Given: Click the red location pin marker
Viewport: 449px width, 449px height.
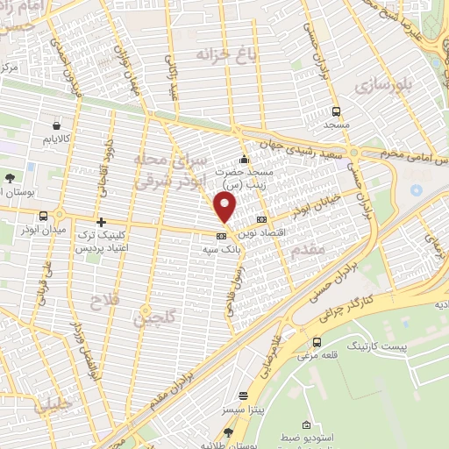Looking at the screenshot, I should coord(225,208).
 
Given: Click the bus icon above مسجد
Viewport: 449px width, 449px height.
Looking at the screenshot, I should coord(337,112).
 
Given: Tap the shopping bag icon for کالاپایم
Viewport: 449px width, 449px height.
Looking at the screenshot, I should coord(58,125).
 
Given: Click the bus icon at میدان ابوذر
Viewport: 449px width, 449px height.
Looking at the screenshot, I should coord(44,216).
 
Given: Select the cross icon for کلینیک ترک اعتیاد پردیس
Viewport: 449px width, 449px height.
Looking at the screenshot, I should coord(102,223).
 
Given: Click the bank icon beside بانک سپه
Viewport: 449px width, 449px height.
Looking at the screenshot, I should coord(221,236).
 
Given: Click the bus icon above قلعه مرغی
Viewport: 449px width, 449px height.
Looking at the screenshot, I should coord(317,342).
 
